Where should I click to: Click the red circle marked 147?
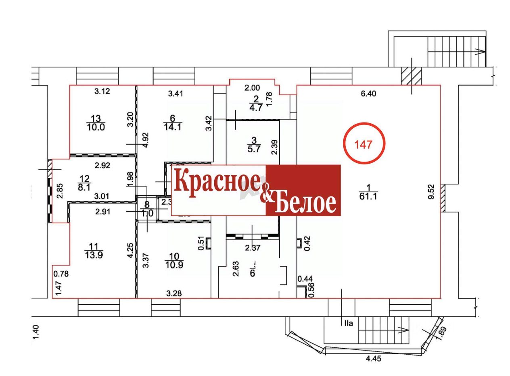pos(364,144)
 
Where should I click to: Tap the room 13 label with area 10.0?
pos(95,123)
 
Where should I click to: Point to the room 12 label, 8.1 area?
pos(85,183)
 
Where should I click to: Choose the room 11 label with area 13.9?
pos(93,250)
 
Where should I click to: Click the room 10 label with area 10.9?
pos(174,260)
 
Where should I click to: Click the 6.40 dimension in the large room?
pos(368,93)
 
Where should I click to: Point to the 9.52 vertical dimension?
pos(431,192)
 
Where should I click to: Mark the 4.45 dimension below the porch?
pos(372,358)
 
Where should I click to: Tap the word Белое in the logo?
pos(305,203)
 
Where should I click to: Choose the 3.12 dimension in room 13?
pos(102,91)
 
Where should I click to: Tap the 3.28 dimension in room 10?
pos(173,293)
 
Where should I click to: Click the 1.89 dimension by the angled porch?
pos(443,332)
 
